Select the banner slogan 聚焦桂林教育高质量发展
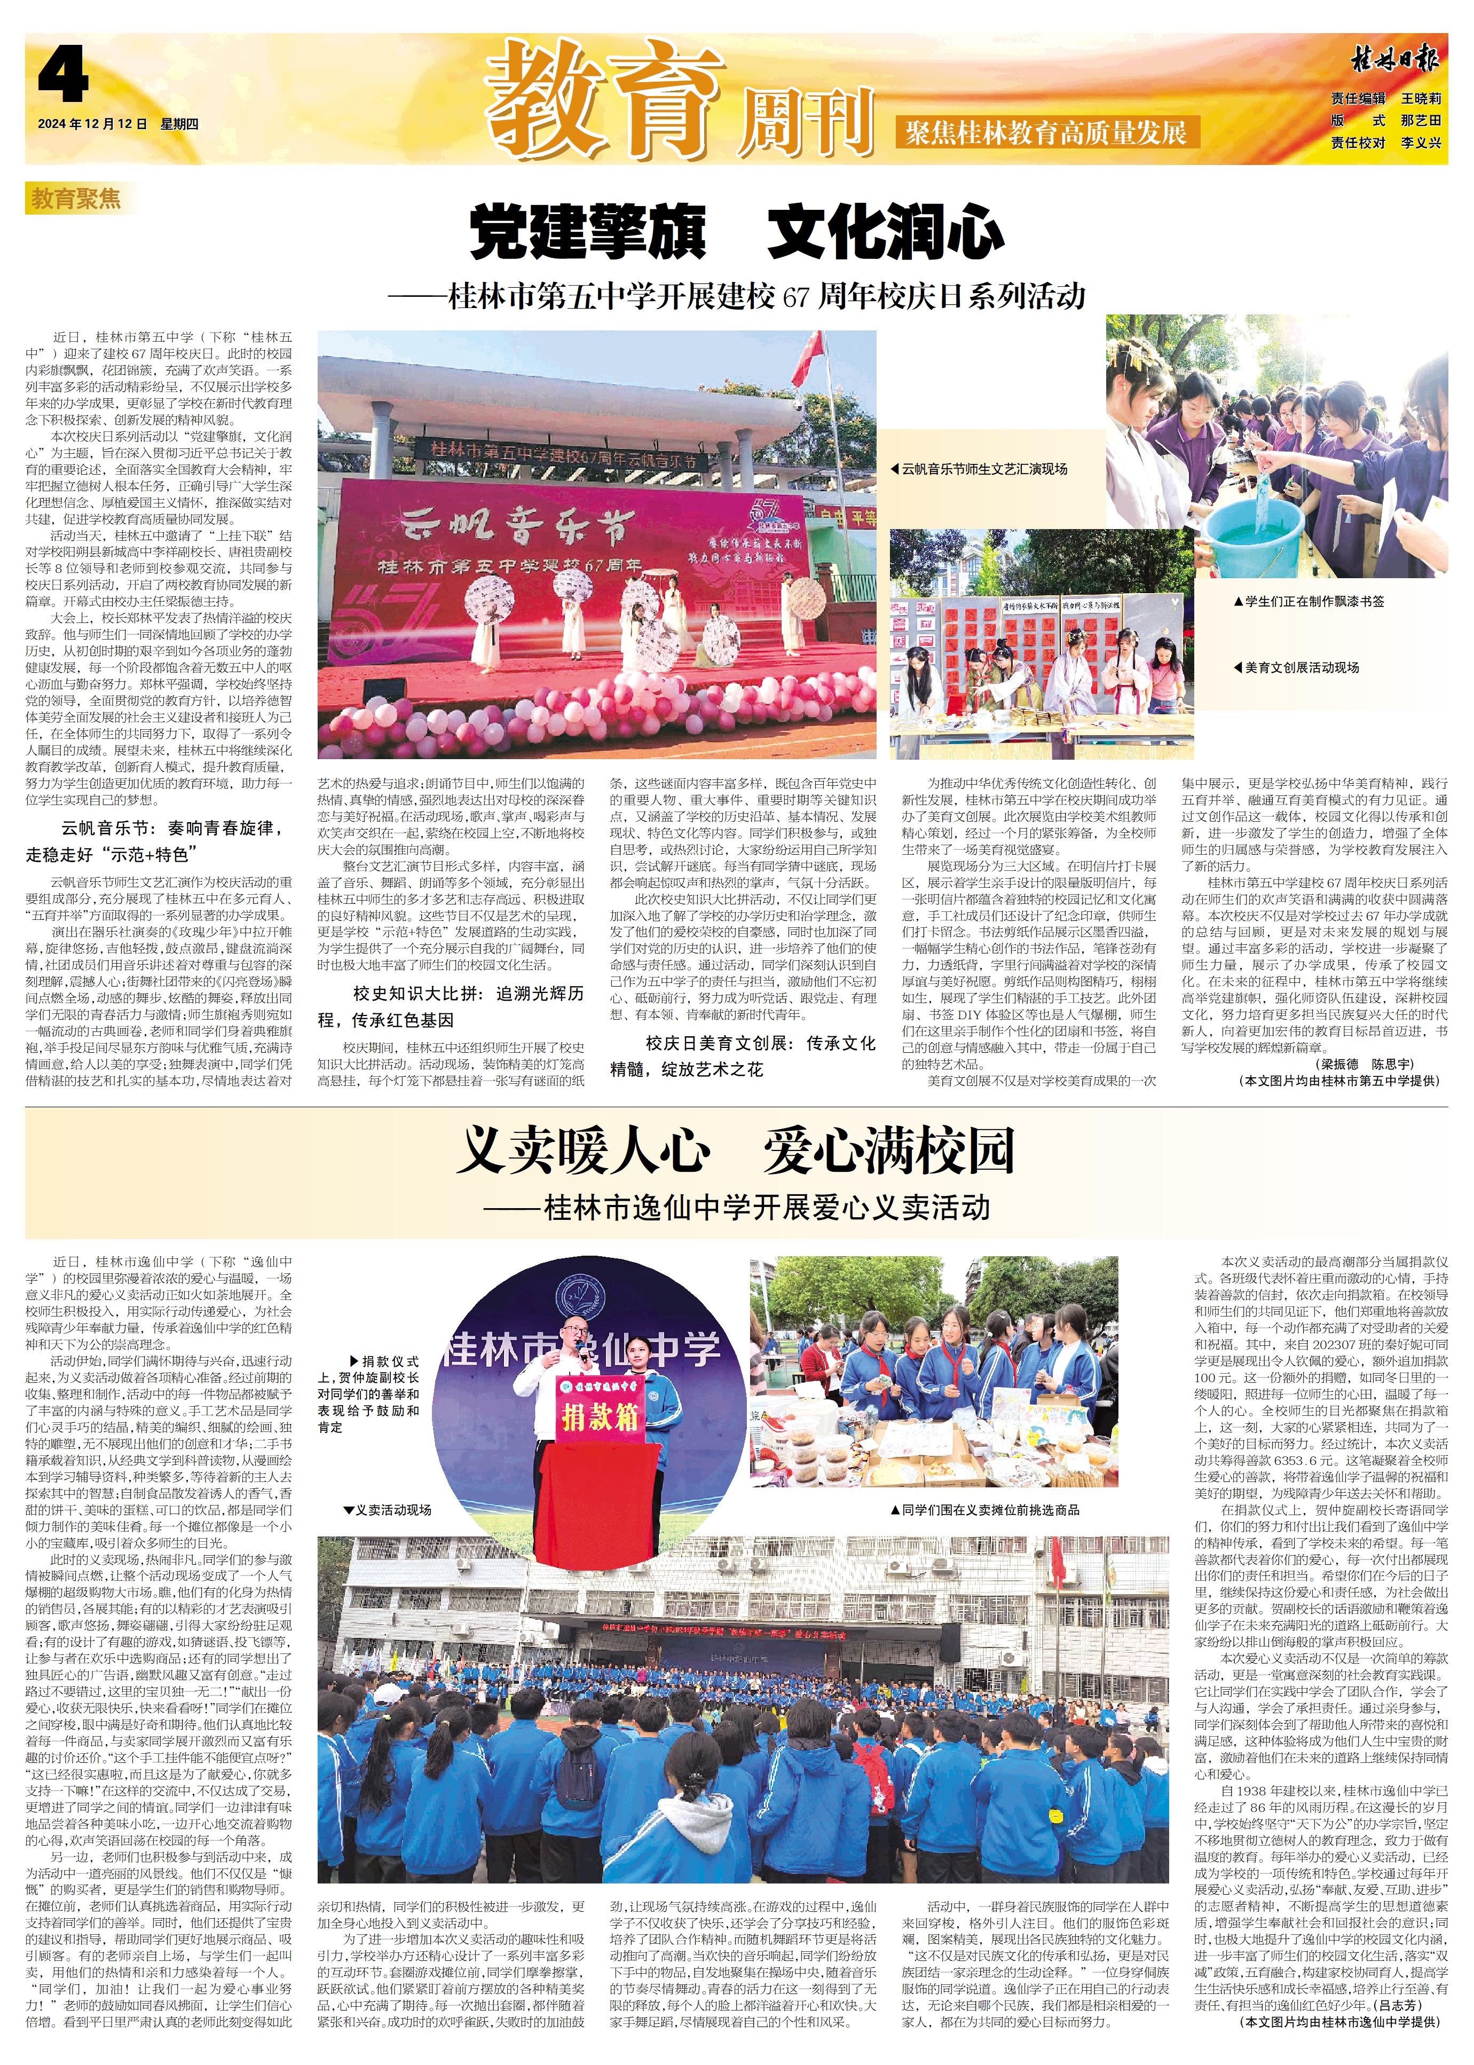point(1046,132)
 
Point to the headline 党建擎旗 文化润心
point(736,232)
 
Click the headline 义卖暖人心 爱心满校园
point(736,1150)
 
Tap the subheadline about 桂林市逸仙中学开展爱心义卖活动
point(736,1207)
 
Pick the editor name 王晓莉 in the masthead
point(1421,98)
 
